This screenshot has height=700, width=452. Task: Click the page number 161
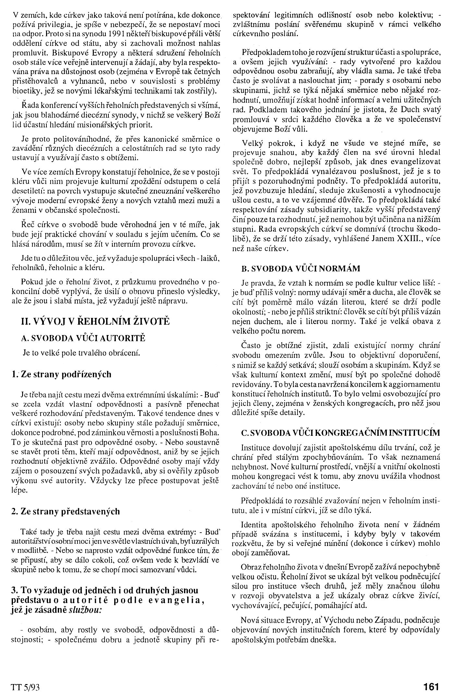pyautogui.click(x=431, y=686)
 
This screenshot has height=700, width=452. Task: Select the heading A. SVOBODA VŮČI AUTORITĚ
pyautogui.click(x=83, y=338)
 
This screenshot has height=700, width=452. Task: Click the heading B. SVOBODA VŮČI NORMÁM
pyautogui.click(x=301, y=268)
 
